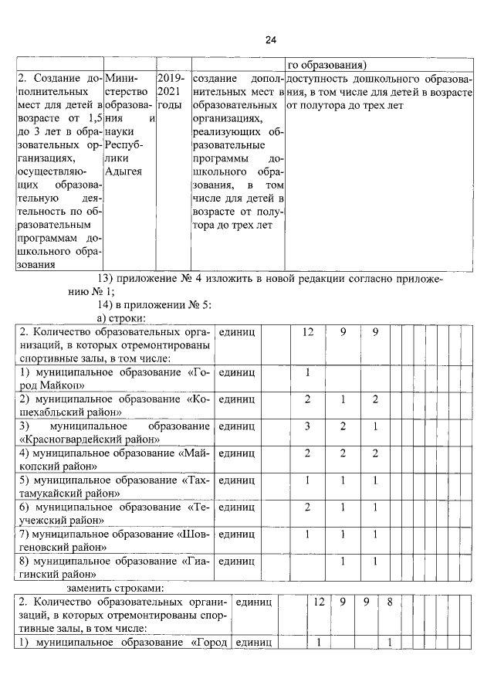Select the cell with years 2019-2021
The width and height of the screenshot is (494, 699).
point(171,92)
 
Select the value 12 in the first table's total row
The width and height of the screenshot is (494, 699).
point(308,332)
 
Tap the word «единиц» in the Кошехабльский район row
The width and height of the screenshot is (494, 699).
point(237,399)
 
